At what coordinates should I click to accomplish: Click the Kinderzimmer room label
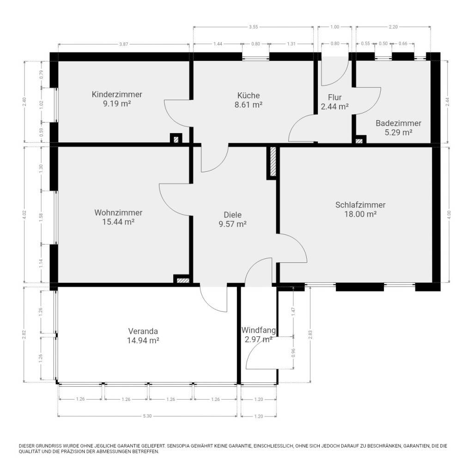tap(117, 94)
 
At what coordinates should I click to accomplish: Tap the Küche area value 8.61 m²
tap(248, 105)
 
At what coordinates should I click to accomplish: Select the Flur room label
tap(334, 97)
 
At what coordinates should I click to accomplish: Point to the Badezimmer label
tap(398, 123)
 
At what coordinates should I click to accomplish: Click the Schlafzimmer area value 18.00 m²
tap(360, 214)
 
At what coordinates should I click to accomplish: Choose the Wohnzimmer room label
tap(118, 212)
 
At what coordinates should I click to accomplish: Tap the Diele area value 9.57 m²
tap(233, 224)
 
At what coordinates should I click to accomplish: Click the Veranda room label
tap(143, 331)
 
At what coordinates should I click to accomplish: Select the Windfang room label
tap(259, 330)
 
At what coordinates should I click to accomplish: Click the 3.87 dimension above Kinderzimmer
tap(124, 44)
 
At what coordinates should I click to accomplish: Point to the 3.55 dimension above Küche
tap(254, 27)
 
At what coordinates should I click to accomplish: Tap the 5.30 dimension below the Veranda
tap(147, 416)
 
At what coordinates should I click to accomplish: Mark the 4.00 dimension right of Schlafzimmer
tap(449, 214)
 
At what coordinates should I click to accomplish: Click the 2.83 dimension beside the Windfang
tap(310, 334)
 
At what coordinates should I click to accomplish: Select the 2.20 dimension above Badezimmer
tap(393, 27)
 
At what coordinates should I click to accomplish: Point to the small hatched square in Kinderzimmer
tap(176, 139)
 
